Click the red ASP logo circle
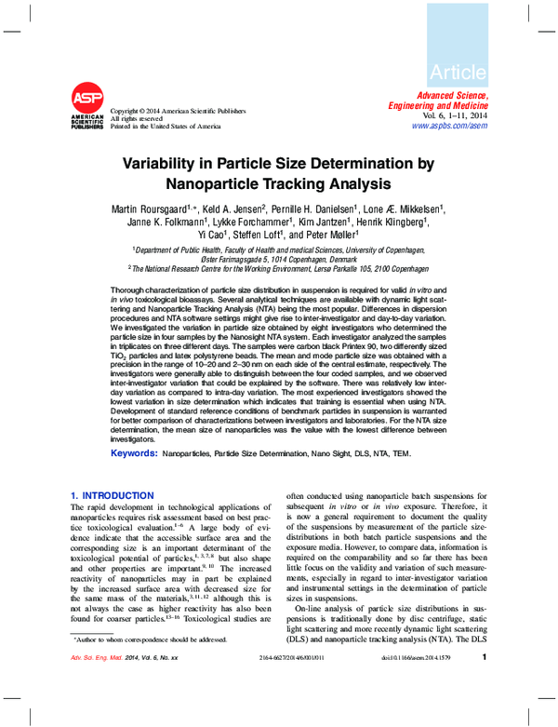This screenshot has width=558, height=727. [x=88, y=98]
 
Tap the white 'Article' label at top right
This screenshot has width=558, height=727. [x=458, y=72]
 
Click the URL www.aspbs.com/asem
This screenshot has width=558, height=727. [x=450, y=126]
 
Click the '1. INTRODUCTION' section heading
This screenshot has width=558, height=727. [x=113, y=495]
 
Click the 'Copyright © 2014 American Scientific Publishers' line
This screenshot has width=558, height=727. [x=179, y=111]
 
